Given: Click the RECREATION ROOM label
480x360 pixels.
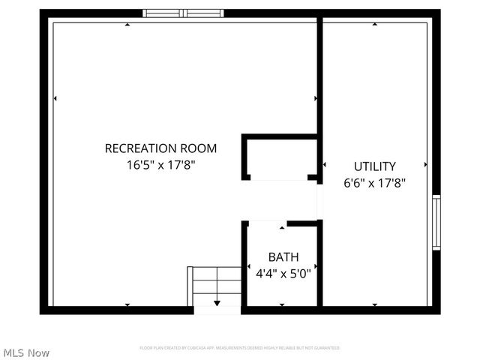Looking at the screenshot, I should (160, 148).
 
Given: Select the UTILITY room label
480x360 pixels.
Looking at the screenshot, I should (375, 166).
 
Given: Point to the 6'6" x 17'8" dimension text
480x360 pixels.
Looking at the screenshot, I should (375, 182).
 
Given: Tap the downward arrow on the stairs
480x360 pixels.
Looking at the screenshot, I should (217, 302).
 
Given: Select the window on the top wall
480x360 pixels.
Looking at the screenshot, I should (184, 13).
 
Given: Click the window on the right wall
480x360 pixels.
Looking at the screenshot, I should (436, 223).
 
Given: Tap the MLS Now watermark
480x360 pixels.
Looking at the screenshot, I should (26, 352).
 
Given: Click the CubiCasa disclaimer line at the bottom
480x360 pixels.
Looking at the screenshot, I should (240, 348).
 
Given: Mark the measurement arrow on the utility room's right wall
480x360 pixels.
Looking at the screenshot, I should (426, 164).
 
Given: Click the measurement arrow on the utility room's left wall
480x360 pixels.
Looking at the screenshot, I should (325, 164).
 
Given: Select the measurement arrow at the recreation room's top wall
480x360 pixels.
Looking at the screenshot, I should (127, 25).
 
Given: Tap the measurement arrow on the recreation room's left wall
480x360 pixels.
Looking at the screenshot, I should (55, 98).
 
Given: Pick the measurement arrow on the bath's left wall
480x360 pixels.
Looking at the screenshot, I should (249, 266).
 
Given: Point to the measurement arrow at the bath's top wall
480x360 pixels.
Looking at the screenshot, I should (282, 226).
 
